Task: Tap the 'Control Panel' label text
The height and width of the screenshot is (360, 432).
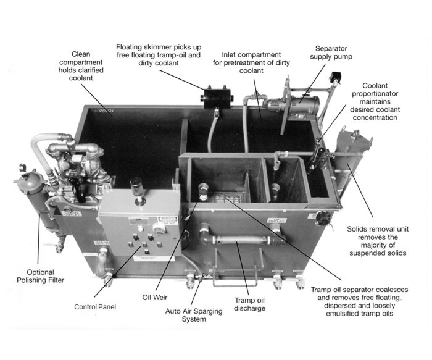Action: [x=95, y=306]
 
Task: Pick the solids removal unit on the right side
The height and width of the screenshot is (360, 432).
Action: [x=352, y=164]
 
